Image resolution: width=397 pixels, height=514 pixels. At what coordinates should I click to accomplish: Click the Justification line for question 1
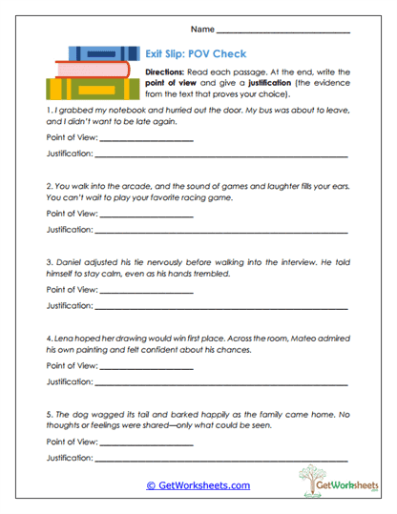click(221, 155)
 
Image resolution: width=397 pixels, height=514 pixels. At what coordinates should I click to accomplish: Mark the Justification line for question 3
click(221, 306)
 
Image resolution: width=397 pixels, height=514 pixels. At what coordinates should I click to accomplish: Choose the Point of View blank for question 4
click(146, 366)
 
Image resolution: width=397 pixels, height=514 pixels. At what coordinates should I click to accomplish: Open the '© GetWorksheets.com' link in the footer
click(198, 485)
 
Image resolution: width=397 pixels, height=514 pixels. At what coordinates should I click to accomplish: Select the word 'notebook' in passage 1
click(115, 111)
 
